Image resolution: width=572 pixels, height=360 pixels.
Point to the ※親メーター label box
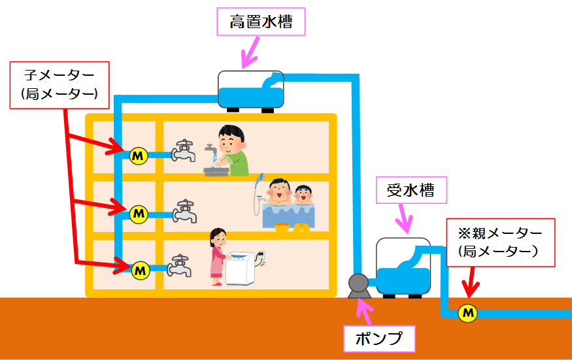tap(500, 241)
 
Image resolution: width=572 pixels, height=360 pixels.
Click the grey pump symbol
tap(358, 284)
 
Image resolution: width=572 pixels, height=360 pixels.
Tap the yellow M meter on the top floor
tap(138, 156)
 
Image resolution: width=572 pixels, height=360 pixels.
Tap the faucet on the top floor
tap(184, 152)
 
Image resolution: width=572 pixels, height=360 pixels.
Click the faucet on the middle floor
tap(185, 210)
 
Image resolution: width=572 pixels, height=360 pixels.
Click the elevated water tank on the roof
tap(250, 89)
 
